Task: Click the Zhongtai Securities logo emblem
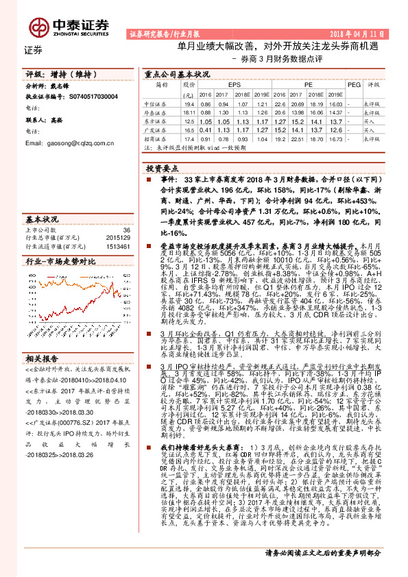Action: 38,26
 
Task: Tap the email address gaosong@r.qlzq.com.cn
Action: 69,144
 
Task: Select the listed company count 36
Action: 125,230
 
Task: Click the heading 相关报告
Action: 42,358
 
